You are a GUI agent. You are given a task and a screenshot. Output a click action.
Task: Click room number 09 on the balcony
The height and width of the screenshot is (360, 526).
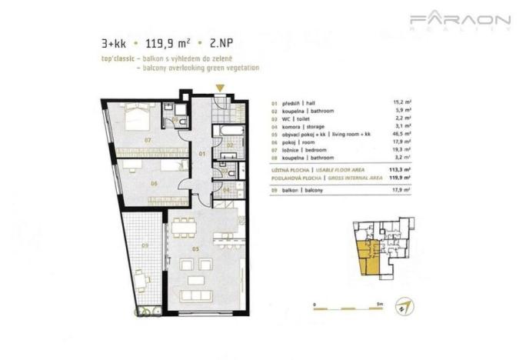point(146,246)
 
